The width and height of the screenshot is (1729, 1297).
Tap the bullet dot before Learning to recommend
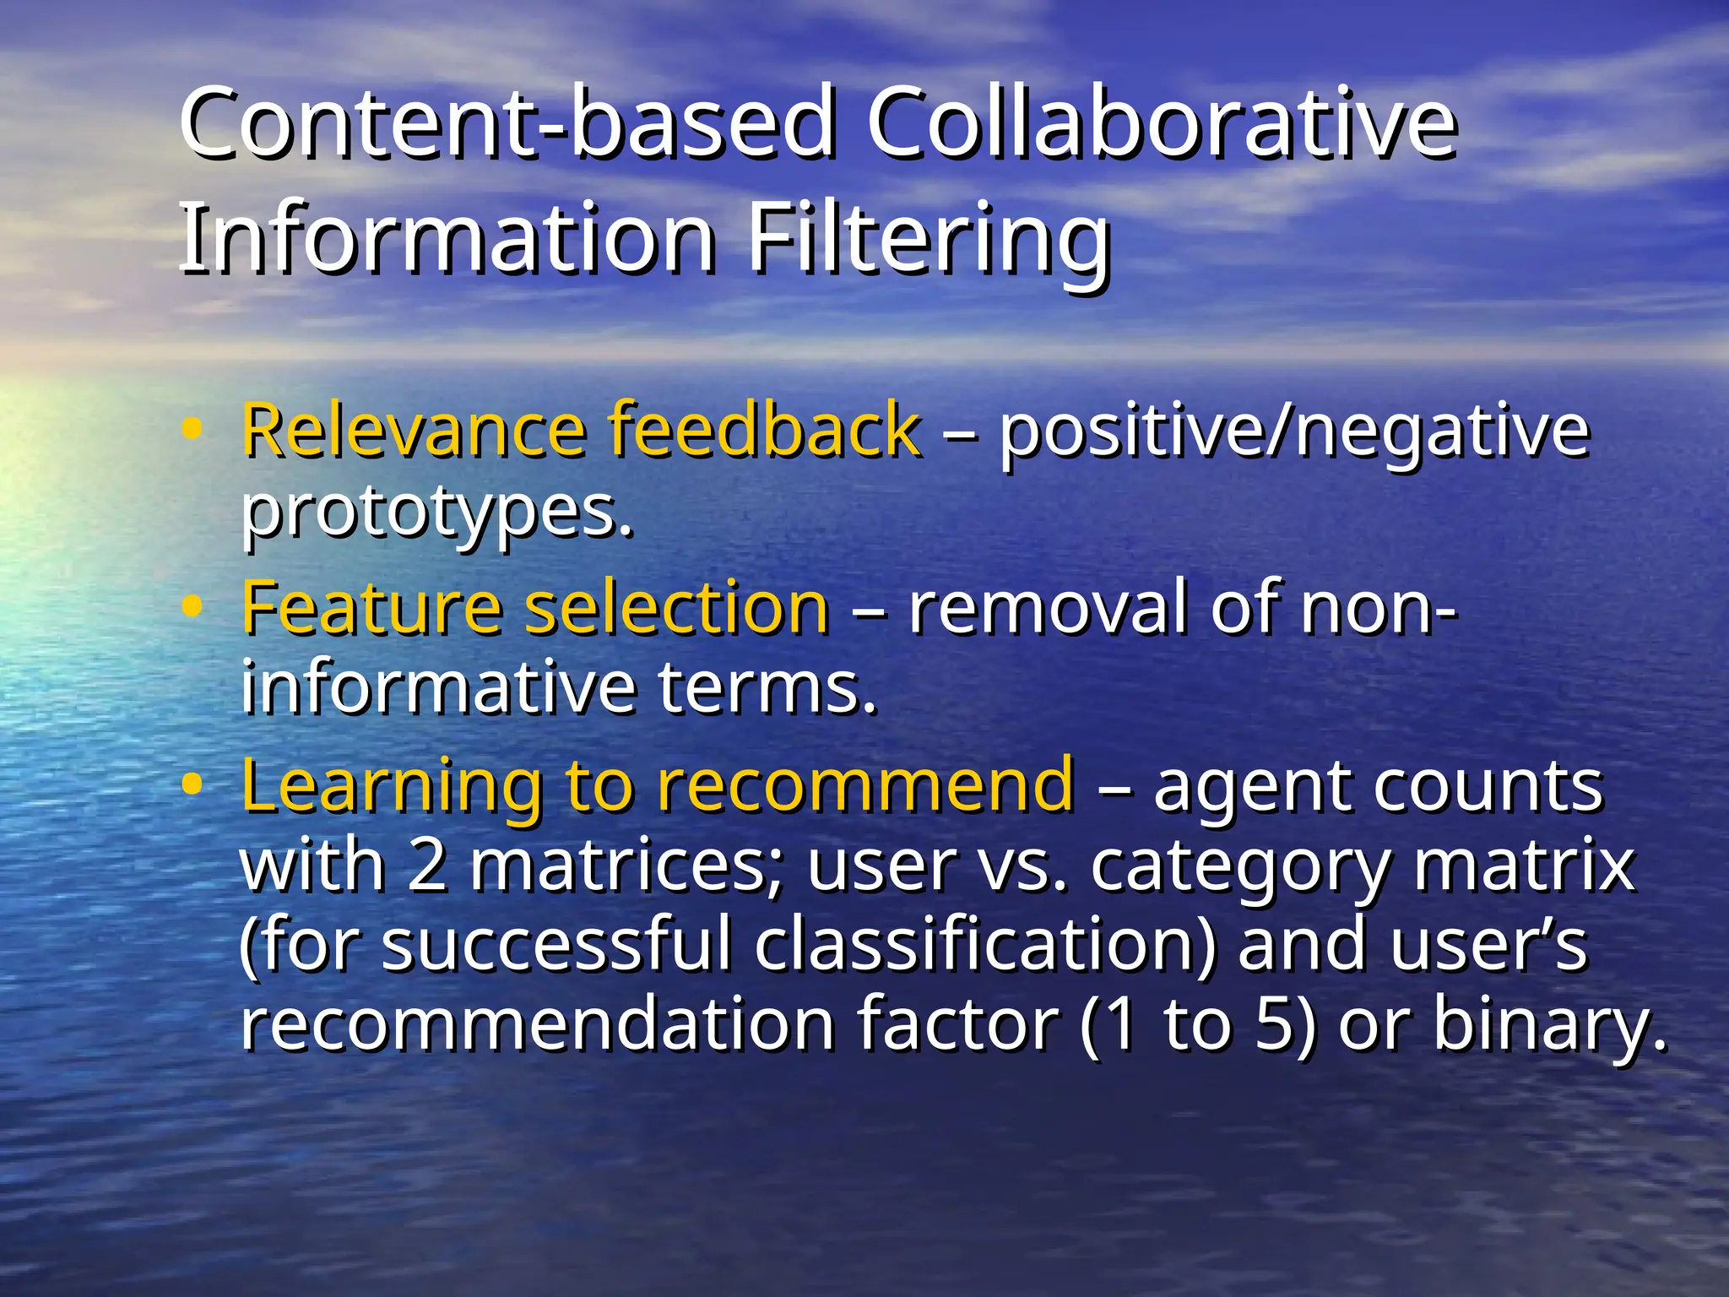(192, 784)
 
